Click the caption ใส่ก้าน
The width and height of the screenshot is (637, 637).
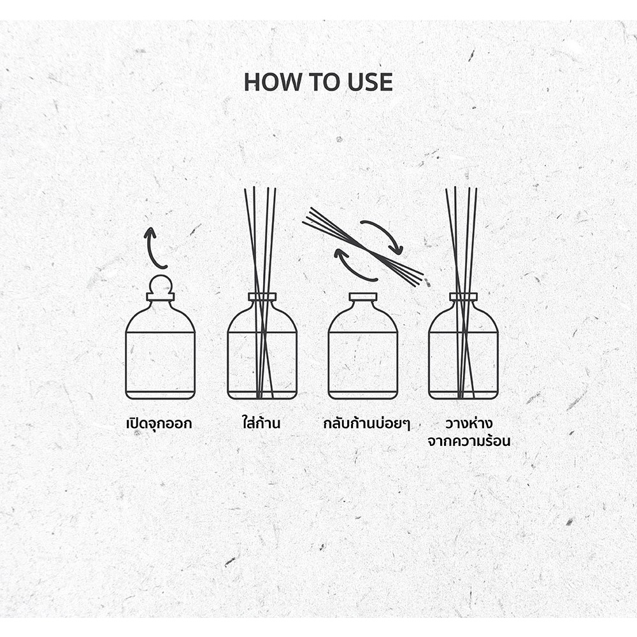click(x=261, y=422)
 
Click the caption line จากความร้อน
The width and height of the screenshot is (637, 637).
click(x=469, y=441)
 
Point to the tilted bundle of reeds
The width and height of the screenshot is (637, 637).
click(x=363, y=247)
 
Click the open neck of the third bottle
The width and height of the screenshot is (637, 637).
click(x=363, y=297)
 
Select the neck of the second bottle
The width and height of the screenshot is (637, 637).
click(x=262, y=297)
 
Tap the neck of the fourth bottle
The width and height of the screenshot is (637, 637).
click(x=464, y=297)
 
